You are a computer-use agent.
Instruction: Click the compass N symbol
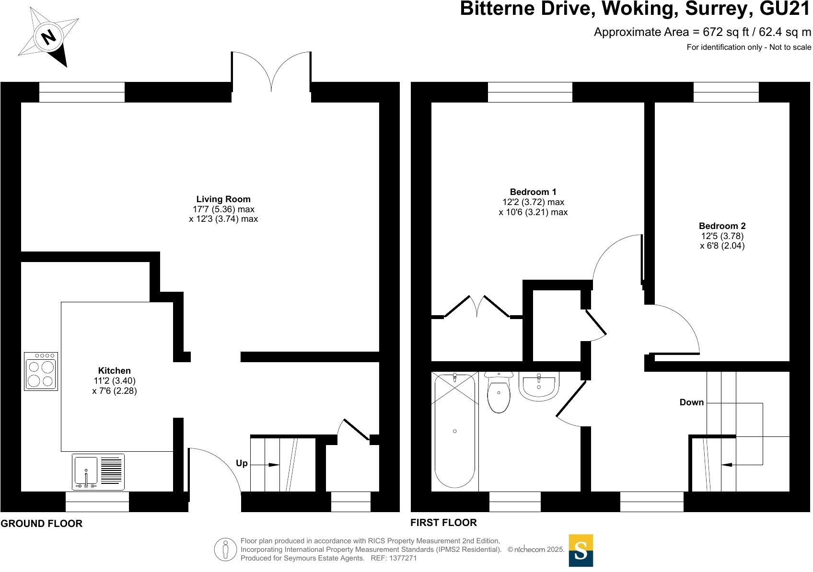pos(48,37)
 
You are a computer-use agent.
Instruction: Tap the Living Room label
pos(223,199)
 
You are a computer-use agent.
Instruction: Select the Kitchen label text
pos(114,370)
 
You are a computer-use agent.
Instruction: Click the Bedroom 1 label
pos(533,192)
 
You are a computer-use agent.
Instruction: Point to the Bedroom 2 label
pos(722,226)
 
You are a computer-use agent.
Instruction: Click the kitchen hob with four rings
pos(41,371)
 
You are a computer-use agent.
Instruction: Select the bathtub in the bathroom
pos(454,431)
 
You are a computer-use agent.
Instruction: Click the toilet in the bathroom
pos(499,393)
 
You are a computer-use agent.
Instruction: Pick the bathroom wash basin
pos(539,386)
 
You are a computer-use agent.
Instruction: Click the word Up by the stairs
pos(242,463)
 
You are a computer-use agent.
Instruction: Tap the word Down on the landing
pos(691,402)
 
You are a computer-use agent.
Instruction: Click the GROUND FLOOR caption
pos(42,524)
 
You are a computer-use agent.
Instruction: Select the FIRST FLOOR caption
pos(443,523)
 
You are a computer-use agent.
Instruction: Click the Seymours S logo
pos(581,550)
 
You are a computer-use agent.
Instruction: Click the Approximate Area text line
pos(702,32)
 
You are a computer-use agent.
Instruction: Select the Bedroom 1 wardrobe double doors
pos(477,307)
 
